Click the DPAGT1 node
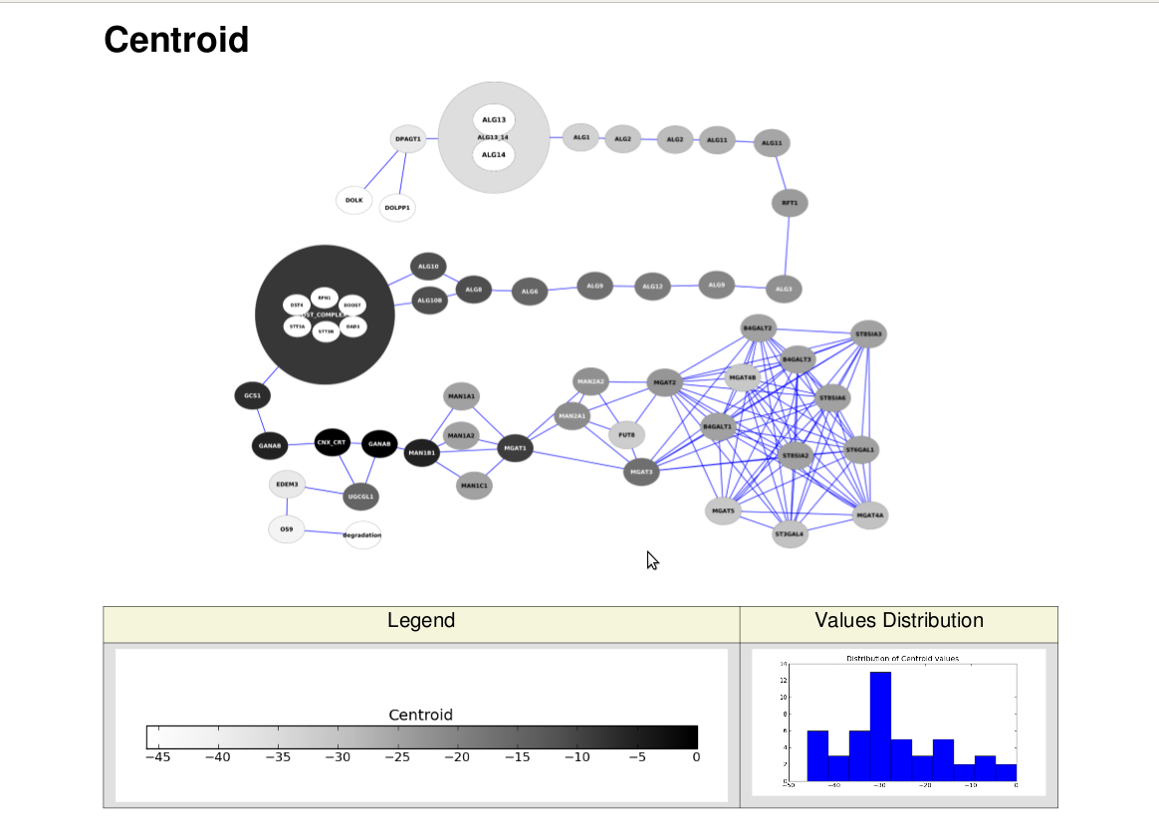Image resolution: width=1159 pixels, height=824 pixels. [408, 139]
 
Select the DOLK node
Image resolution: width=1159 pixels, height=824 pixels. [353, 200]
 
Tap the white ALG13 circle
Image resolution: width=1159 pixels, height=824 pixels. [494, 119]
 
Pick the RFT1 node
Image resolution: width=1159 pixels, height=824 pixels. [790, 203]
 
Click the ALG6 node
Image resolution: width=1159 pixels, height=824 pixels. [531, 292]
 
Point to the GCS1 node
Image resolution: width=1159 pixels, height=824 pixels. [253, 396]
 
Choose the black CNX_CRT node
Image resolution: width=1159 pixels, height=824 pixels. [332, 442]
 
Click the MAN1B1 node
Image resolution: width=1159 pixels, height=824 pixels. [421, 453]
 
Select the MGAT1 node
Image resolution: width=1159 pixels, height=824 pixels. [516, 449]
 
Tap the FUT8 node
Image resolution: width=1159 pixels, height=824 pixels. [626, 435]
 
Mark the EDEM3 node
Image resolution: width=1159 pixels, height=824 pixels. [287, 485]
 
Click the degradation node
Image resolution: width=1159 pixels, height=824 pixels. [362, 535]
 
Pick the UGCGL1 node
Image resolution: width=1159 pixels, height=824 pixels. [360, 496]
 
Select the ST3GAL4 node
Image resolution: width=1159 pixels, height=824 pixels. [790, 534]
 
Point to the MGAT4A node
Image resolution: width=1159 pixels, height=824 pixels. [870, 515]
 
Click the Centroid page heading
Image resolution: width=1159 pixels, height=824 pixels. [176, 40]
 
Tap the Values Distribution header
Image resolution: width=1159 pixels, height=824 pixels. [898, 621]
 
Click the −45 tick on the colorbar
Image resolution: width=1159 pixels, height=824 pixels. [157, 757]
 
